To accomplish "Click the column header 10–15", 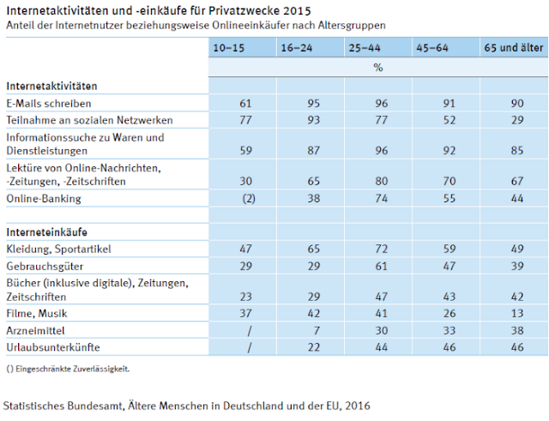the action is (x=229, y=48).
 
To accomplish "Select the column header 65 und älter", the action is (x=514, y=48).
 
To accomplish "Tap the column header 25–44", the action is (x=364, y=48).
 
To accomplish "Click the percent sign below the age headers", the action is (x=378, y=68).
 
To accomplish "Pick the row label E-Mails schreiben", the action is (x=49, y=104).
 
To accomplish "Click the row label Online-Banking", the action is (x=44, y=199).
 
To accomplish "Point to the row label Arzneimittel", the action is (x=36, y=331).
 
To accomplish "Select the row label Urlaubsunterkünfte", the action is (x=53, y=347).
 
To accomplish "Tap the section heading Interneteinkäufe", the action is (x=47, y=232).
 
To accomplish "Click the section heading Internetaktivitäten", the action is (x=51, y=86).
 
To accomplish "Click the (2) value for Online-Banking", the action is (x=249, y=199).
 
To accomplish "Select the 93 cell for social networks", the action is (x=313, y=120).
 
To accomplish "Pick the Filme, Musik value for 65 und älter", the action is (x=517, y=314).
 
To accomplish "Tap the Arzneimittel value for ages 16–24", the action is (x=317, y=331).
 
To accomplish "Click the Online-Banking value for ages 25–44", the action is (x=381, y=199).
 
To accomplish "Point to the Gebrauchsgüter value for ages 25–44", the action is (x=381, y=267).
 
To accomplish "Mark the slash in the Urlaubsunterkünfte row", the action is (x=250, y=347).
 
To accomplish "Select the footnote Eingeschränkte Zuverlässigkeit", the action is (x=72, y=369).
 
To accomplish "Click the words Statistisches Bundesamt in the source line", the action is (x=63, y=406).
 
